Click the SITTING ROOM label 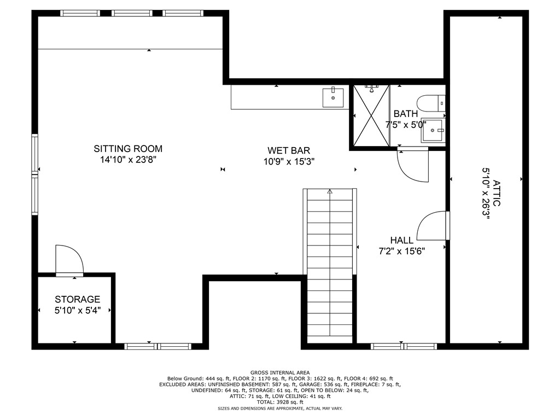[x=128, y=148]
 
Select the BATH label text [x=405, y=114]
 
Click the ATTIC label [x=496, y=193]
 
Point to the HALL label [x=402, y=240]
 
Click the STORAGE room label [x=77, y=299]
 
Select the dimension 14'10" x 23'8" [x=128, y=160]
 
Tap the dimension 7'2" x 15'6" [x=402, y=252]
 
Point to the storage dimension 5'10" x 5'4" [x=77, y=311]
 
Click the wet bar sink [x=332, y=97]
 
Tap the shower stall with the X [x=370, y=116]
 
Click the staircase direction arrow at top [x=330, y=192]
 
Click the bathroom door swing [x=412, y=165]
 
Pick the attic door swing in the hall [x=433, y=225]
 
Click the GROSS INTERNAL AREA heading [x=279, y=372]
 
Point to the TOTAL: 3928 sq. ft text [x=279, y=402]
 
